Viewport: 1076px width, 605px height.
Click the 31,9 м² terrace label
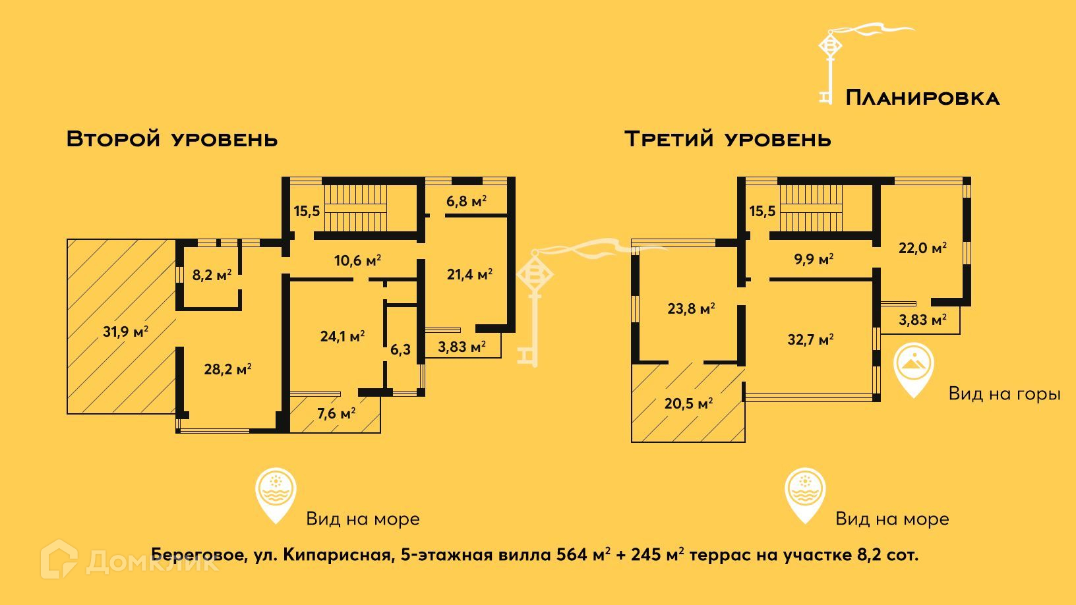point(125,331)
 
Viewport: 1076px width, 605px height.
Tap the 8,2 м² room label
point(212,275)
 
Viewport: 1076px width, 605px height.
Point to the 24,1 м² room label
point(342,336)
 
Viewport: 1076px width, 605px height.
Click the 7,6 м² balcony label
point(336,413)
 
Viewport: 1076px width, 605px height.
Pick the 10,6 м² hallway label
point(357,260)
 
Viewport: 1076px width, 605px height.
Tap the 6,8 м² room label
point(466,201)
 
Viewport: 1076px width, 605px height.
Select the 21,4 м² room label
point(469,274)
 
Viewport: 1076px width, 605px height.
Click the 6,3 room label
point(400,349)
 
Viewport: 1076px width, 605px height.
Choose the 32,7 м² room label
point(810,339)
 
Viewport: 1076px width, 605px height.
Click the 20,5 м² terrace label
point(688,403)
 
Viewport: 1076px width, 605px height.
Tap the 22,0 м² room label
point(922,248)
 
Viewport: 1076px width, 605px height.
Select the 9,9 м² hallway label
point(814,259)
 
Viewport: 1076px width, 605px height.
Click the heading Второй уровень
point(172,139)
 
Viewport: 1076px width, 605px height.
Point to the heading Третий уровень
point(728,139)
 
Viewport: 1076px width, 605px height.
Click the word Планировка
point(922,98)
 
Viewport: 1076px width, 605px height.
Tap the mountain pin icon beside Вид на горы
point(914,368)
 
